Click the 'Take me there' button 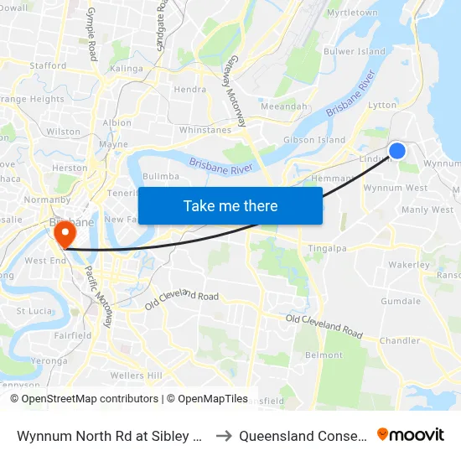point(230,205)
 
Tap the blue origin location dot point(397,150)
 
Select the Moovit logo point(411,435)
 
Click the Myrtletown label point(352,13)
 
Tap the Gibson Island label point(314,140)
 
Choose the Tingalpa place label point(329,248)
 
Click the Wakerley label point(410,265)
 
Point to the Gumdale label point(401,301)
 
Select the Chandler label point(400,340)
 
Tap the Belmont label point(324,355)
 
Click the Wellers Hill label point(137,375)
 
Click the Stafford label point(48,65)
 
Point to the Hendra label point(189,90)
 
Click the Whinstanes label point(205,130)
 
